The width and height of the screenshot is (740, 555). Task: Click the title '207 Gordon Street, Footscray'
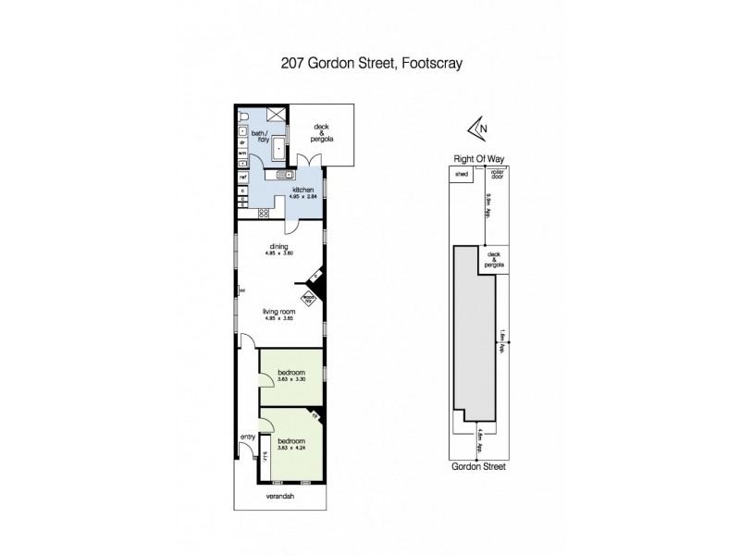click(370, 65)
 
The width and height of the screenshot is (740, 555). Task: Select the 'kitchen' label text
click(291, 190)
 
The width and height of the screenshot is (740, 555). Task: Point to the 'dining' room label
click(279, 246)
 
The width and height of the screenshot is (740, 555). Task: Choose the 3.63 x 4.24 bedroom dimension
click(290, 443)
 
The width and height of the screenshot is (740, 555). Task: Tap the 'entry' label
click(247, 438)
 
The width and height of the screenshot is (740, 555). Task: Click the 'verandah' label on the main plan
click(277, 496)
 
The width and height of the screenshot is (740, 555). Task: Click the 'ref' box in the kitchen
click(242, 176)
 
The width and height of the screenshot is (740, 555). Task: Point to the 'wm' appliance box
click(241, 153)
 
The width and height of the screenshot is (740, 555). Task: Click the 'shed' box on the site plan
click(460, 174)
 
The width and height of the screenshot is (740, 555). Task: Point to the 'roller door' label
click(496, 174)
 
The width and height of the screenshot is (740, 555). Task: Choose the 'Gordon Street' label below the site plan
click(478, 467)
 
